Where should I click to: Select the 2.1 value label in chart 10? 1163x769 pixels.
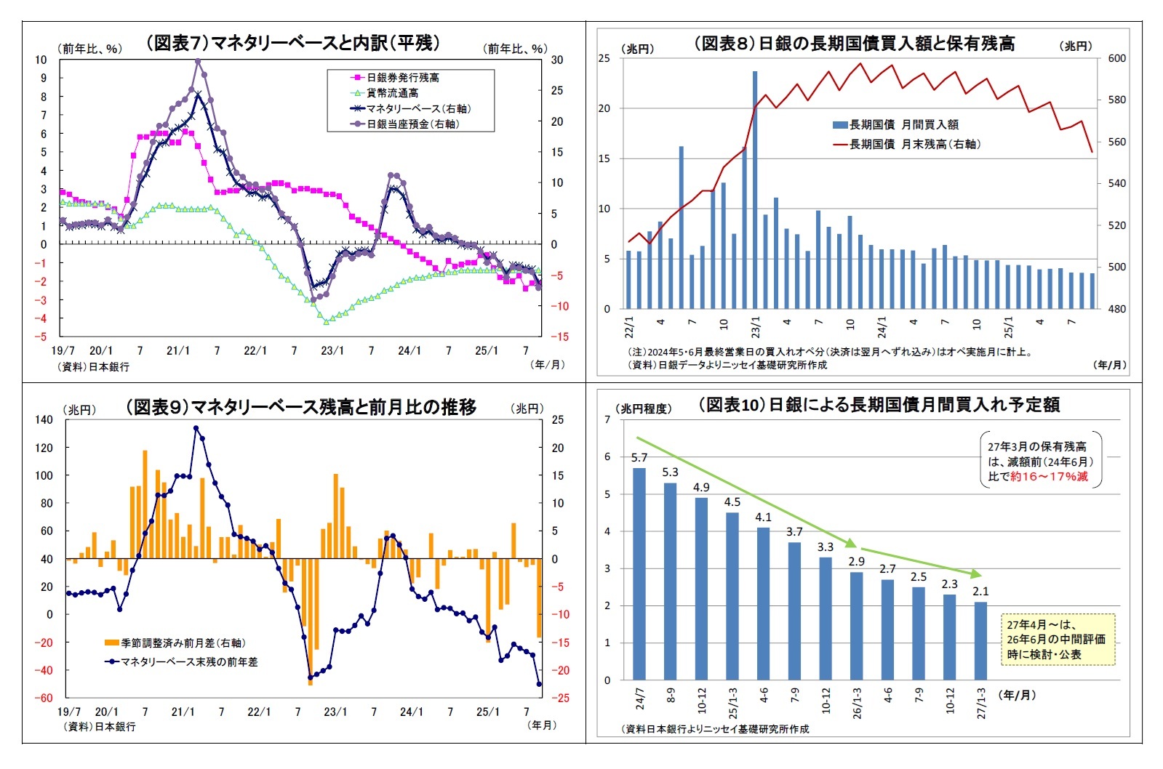[x=980, y=592]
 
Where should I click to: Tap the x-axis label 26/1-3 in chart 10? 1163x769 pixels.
[x=857, y=703]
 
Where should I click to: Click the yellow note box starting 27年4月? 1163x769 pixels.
[x=1058, y=640]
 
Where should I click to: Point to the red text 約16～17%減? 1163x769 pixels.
[x=1049, y=477]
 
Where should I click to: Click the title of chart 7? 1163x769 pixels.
[x=293, y=43]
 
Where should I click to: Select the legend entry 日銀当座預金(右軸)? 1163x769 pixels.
[x=412, y=124]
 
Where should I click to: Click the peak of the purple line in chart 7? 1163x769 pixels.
[x=198, y=61]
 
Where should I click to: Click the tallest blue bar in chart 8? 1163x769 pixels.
[x=755, y=189]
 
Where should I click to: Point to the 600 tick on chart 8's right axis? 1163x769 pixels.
[x=1116, y=58]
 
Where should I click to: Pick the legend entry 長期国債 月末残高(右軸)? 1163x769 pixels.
[x=914, y=145]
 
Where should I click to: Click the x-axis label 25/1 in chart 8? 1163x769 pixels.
[x=1008, y=327]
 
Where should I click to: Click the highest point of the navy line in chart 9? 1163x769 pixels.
[x=196, y=428]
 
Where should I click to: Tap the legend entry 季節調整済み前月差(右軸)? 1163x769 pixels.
[x=183, y=643]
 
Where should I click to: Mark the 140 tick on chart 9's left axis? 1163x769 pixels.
[x=44, y=419]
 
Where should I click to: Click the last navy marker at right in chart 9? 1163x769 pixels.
[x=539, y=684]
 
